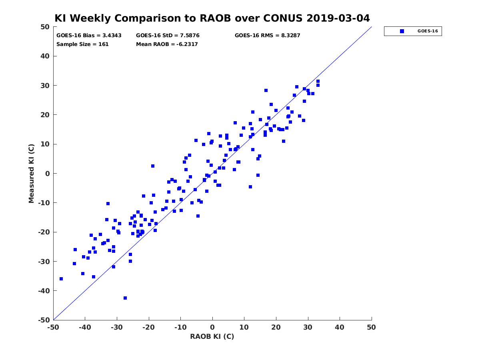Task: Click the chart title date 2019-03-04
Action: point(338,18)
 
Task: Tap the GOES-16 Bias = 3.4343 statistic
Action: point(89,36)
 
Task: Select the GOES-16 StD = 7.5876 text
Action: point(168,36)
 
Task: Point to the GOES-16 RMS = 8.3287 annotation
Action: point(267,36)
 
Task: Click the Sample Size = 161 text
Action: point(82,44)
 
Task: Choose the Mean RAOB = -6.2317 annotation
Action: point(167,44)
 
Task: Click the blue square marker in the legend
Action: point(402,31)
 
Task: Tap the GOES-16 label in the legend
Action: point(428,31)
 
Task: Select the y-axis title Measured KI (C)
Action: point(31,173)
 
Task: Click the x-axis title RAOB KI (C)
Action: point(212,336)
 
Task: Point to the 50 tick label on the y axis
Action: point(45,27)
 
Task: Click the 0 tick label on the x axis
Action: point(212,327)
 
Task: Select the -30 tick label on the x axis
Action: point(117,327)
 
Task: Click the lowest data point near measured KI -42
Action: point(125,298)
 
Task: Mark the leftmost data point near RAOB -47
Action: point(61,279)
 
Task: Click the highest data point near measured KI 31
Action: point(318,81)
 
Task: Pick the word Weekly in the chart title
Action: point(92,18)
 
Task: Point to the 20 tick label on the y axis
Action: point(45,115)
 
